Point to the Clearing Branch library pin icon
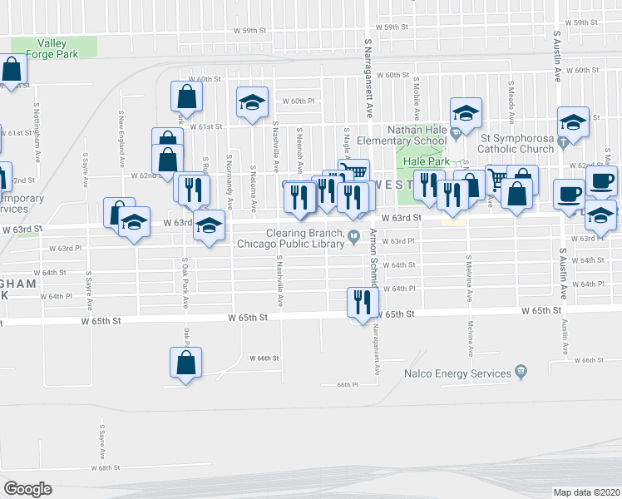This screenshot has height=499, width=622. [353, 234]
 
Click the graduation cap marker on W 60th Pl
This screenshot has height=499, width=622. [252, 103]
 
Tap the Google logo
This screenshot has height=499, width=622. [27, 489]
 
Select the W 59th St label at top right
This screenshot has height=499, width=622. [580, 22]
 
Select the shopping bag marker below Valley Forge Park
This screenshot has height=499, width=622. [12, 71]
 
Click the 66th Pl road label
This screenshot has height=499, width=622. [347, 385]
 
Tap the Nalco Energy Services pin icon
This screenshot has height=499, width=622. [521, 370]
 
